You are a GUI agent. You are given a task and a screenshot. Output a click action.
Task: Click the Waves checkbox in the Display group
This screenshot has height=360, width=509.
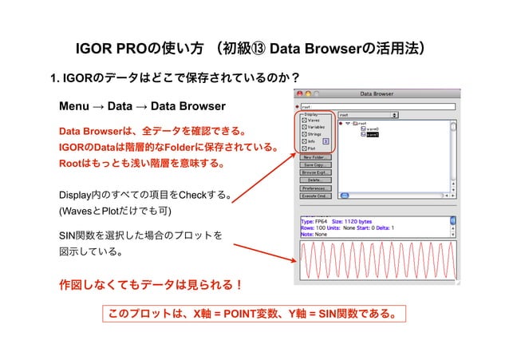click(x=304, y=120)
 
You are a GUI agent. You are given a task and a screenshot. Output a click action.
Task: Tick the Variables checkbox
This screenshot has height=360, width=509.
click(x=304, y=127)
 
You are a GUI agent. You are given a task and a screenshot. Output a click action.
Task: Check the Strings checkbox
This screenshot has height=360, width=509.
click(x=304, y=134)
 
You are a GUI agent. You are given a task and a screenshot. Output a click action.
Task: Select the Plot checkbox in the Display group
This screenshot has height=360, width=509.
click(x=304, y=148)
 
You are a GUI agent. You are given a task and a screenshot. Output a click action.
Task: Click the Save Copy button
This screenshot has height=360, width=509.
click(x=316, y=165)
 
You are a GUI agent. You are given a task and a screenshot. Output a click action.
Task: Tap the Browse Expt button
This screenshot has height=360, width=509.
click(x=316, y=172)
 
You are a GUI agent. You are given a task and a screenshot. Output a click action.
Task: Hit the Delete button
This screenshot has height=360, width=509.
click(x=316, y=180)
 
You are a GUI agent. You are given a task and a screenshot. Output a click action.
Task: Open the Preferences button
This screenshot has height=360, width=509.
click(x=316, y=188)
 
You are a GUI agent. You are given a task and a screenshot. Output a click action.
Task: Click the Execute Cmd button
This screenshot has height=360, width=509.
click(x=316, y=196)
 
